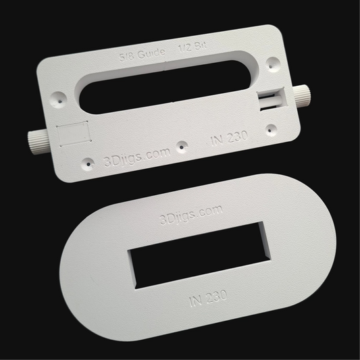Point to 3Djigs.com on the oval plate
pos(190,213)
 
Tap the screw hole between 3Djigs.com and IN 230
pos(182,145)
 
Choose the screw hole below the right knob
pos(272,126)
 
